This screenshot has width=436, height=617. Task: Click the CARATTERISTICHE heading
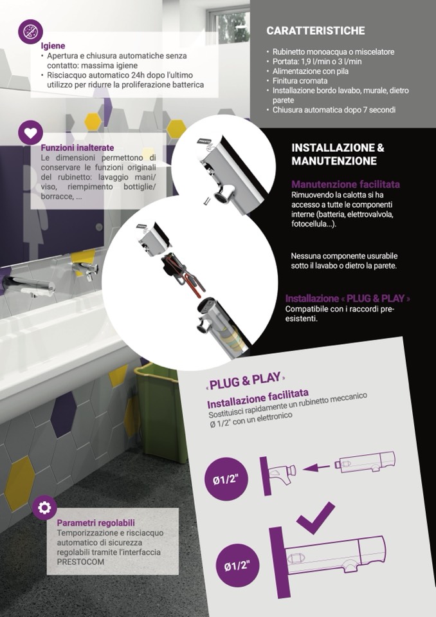click(x=315, y=31)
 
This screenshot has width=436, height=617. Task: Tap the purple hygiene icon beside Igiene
click(x=30, y=32)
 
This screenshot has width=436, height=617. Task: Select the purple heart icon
click(x=30, y=133)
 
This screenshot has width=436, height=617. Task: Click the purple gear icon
click(x=44, y=508)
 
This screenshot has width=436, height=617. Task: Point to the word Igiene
click(x=53, y=46)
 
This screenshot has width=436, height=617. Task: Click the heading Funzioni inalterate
click(x=77, y=148)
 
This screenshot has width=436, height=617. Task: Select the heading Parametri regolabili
click(x=96, y=523)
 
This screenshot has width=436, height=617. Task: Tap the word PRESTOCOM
click(x=80, y=562)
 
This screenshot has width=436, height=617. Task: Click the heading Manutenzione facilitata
click(x=345, y=184)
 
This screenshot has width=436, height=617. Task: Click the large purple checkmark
click(x=316, y=519)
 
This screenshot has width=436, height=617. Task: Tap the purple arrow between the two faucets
click(x=316, y=468)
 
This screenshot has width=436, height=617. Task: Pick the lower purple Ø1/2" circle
click(x=237, y=566)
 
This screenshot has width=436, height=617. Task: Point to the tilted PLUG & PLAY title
click(x=245, y=380)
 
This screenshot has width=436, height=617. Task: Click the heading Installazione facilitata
click(x=258, y=399)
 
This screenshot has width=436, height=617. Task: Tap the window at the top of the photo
click(x=229, y=24)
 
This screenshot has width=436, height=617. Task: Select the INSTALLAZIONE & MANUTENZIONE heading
click(x=338, y=154)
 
